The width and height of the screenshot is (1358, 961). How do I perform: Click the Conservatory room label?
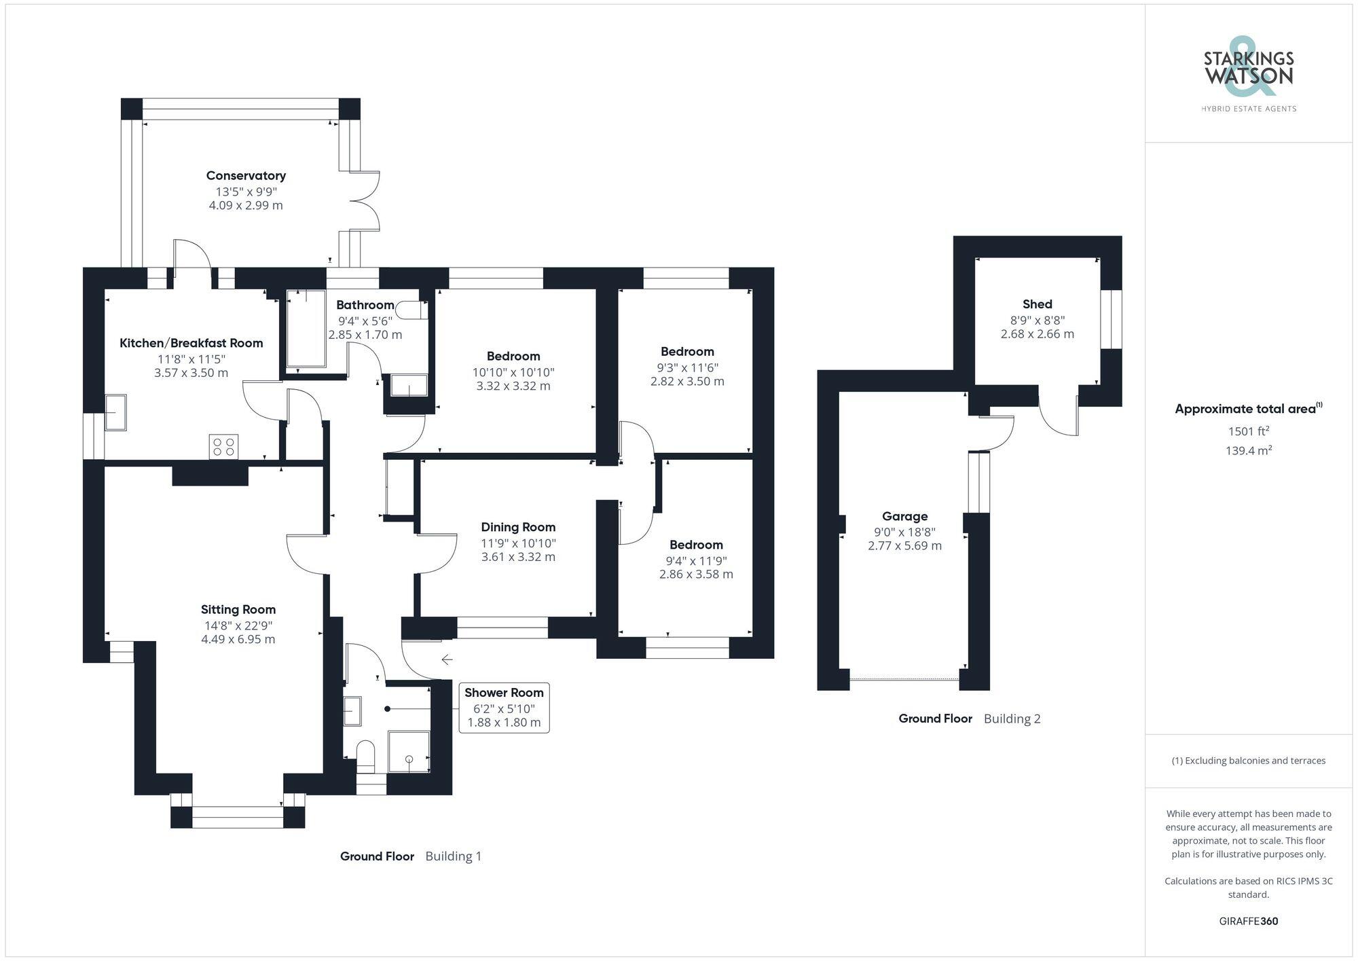(246, 176)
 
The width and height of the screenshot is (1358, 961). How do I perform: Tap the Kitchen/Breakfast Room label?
(191, 343)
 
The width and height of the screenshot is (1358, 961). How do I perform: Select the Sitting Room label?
(238, 609)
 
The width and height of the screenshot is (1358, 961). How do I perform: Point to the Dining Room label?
(518, 527)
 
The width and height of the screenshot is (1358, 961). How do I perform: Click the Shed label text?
(1038, 304)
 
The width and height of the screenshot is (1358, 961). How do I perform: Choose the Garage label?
(905, 516)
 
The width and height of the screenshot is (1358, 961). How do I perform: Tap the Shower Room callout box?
(504, 708)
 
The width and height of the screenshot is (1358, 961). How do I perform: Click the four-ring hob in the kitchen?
(223, 446)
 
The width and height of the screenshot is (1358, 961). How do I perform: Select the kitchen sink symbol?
(115, 412)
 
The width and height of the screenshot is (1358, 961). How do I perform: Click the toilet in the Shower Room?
(365, 755)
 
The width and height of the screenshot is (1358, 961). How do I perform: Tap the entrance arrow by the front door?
(447, 659)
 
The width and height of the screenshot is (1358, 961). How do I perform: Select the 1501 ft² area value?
(1249, 431)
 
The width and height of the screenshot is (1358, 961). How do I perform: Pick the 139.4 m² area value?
(1249, 450)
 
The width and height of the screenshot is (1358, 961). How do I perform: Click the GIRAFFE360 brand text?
(1249, 921)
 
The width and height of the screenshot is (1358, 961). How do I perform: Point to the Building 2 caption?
(1012, 719)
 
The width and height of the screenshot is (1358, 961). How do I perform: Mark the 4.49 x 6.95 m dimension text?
(238, 639)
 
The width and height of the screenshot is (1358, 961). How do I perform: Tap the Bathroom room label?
(365, 305)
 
